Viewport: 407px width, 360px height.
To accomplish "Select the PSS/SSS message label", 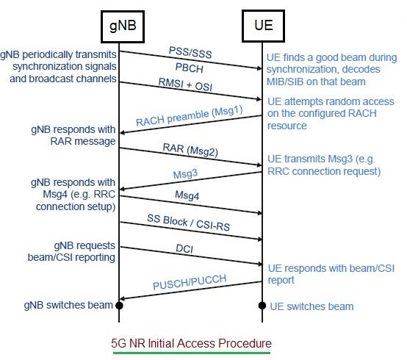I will coord(189,53).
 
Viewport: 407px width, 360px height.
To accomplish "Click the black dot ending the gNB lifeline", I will coord(119,305).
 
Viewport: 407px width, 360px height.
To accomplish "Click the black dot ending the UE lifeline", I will coord(262,305).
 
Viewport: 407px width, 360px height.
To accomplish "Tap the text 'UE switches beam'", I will coord(311,306).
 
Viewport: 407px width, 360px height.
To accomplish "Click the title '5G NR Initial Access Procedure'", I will coord(191,343).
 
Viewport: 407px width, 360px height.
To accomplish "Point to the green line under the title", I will coord(191,353).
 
